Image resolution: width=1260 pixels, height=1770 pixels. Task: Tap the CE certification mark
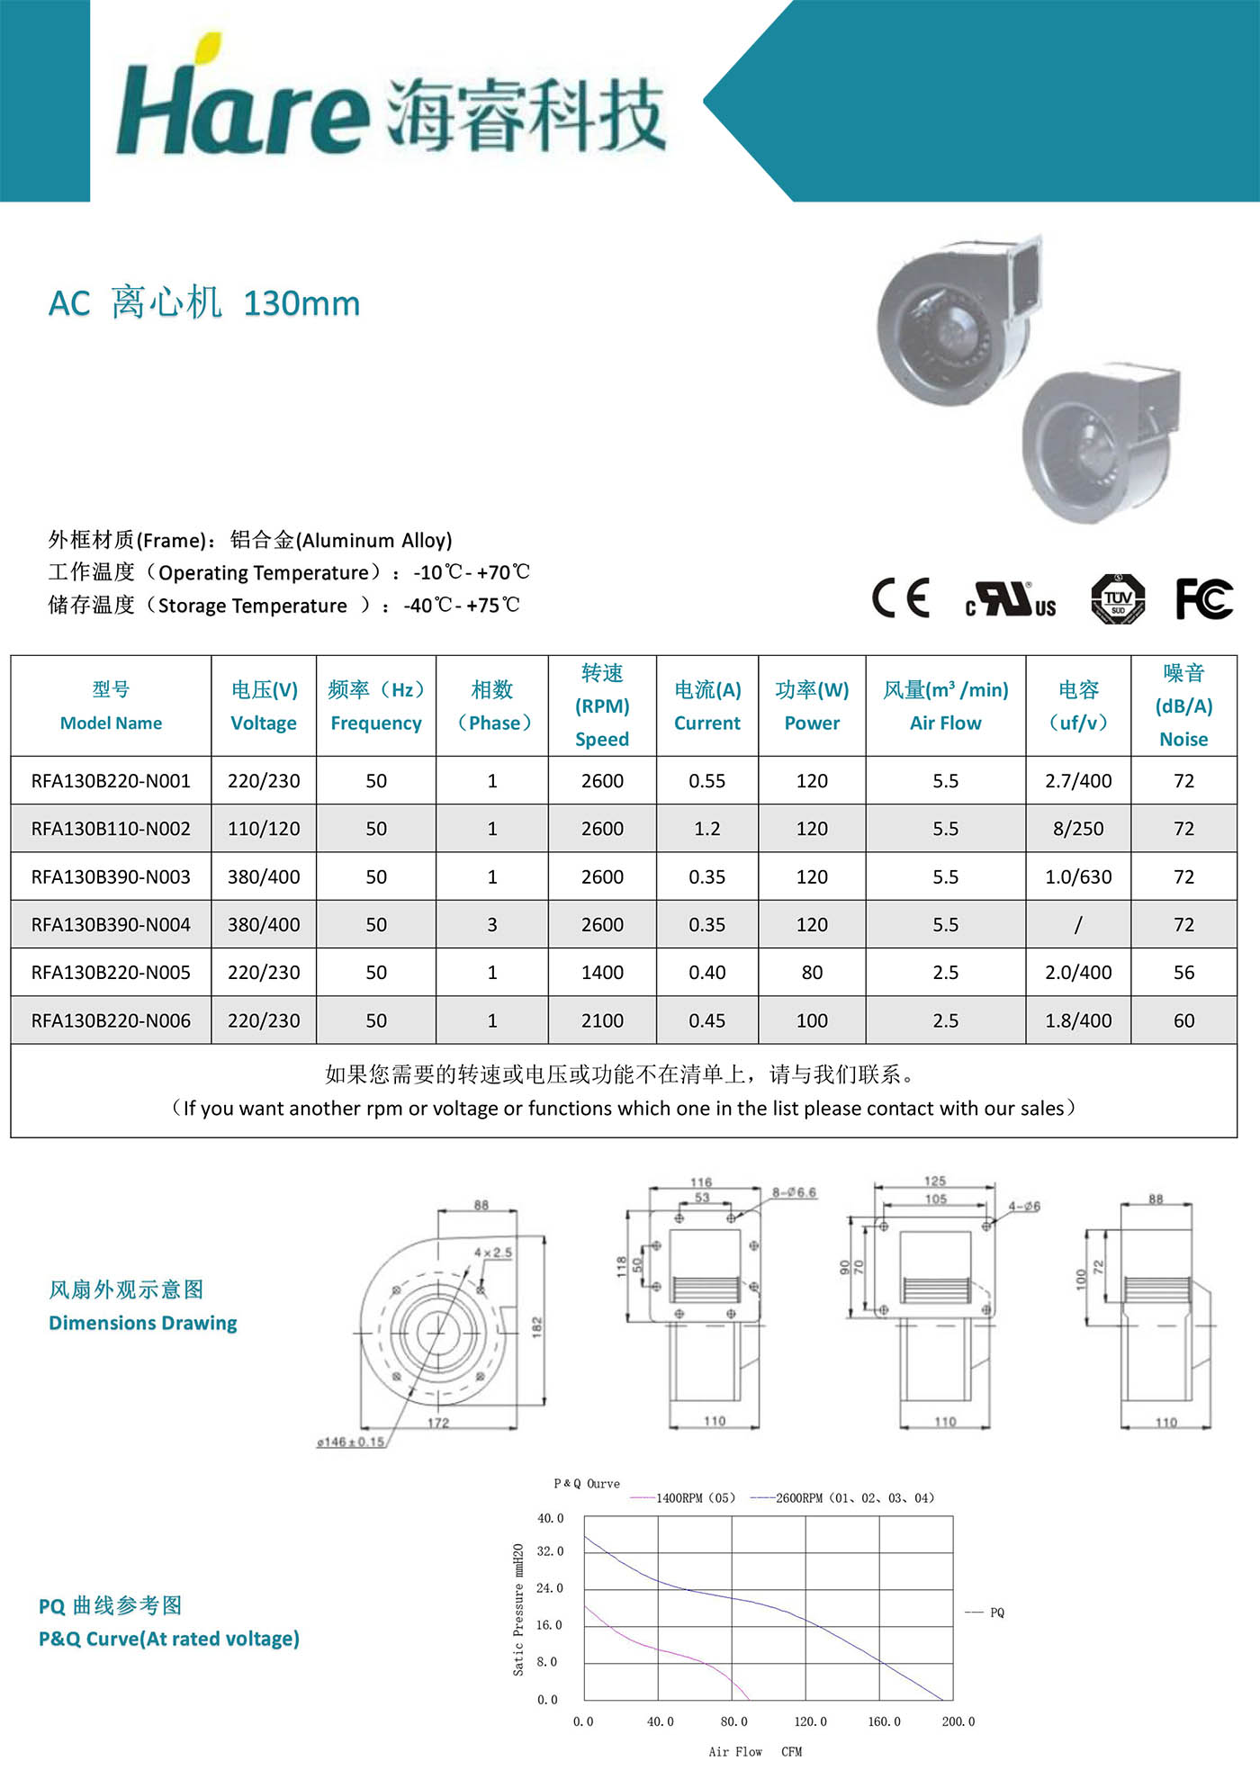pos(900,598)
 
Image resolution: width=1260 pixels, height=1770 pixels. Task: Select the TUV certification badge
pos(1118,598)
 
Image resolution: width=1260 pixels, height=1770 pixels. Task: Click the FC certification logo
pos(1204,598)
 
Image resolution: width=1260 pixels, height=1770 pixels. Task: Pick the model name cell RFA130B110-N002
pos(111,829)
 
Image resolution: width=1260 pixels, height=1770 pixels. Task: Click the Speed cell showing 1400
pos(602,973)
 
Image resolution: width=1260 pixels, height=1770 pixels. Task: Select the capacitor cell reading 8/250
pos(1078,829)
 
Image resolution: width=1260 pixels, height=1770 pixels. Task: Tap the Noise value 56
pos(1183,973)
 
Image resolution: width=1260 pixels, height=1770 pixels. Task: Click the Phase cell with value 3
pos(492,925)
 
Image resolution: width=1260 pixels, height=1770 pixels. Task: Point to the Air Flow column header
pos(945,706)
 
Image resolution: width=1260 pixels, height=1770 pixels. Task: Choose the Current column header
pos(707,706)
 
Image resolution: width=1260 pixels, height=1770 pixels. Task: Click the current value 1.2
pos(707,829)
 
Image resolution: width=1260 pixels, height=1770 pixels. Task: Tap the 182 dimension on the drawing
pos(537,1326)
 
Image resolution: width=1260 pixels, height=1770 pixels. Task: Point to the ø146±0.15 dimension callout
pos(351,1442)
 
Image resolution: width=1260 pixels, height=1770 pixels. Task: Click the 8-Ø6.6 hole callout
pos(794,1193)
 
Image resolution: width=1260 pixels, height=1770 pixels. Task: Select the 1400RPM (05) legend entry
pos(695,1498)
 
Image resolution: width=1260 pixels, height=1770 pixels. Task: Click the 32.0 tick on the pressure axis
pos(550,1551)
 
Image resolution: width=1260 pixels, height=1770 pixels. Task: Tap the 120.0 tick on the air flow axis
pos(810,1721)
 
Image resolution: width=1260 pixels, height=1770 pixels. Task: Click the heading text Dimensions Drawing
pos(143,1323)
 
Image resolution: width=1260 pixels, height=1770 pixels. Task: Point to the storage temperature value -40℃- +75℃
pos(462,606)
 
